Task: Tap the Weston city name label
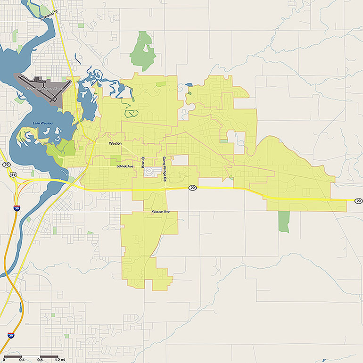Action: coord(115,143)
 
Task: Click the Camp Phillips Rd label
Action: coord(165,169)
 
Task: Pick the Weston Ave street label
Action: coord(160,212)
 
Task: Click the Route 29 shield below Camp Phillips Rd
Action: coord(192,188)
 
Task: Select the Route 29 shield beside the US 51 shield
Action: coord(6,164)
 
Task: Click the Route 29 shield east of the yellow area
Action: coord(358,201)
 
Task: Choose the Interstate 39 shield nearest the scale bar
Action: coord(10,335)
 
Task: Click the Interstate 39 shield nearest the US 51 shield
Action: coord(16,207)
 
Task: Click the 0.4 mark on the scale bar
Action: coord(21,360)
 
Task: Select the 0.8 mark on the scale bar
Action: coord(40,360)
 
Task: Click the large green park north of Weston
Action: coord(142,52)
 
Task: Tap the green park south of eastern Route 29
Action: coord(283,221)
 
